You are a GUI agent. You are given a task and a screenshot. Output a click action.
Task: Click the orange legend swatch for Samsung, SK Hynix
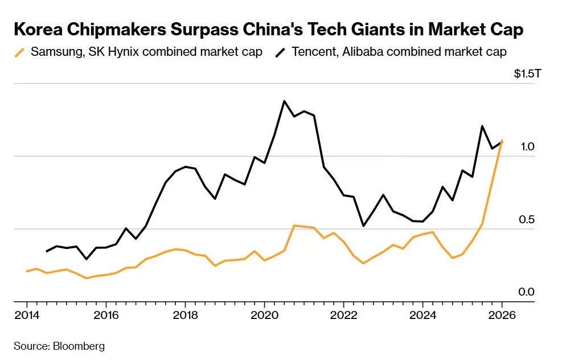coord(20,52)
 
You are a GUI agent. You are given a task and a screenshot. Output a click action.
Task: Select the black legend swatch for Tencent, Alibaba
coord(280,52)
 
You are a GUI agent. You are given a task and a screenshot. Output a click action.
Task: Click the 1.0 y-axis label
coord(527,147)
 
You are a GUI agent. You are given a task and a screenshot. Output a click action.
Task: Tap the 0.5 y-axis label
coord(527,220)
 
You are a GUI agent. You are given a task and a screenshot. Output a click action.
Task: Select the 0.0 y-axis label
coord(527,292)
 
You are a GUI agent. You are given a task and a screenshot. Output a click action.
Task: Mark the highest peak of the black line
coord(284,101)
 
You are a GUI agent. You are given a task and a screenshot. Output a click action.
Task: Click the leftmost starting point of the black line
coord(47,251)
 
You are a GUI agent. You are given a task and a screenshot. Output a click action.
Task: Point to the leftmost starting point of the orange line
coord(27,271)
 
